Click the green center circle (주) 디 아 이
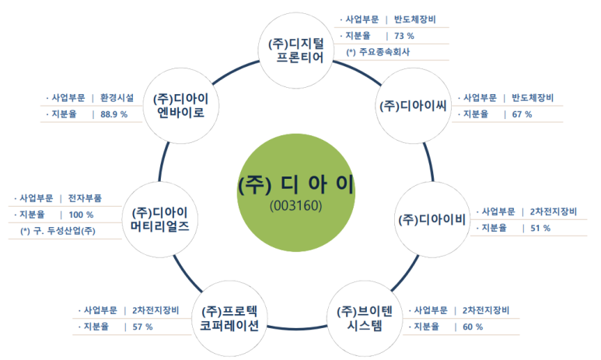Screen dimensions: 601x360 tap(296, 193)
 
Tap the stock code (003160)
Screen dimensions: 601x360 tap(296, 206)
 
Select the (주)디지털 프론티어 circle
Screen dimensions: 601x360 tap(296, 51)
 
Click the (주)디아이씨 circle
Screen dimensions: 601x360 tap(413, 106)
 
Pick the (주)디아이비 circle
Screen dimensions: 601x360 tap(432, 220)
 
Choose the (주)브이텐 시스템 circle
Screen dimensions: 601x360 tap(365, 318)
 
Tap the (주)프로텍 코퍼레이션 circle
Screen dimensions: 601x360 tap(229, 318)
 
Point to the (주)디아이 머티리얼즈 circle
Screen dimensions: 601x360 tap(160, 219)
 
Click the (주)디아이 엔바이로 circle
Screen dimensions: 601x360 tap(180, 106)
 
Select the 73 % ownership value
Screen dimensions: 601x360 tap(404, 36)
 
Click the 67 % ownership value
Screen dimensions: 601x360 tap(522, 114)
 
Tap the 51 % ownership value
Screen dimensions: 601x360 tap(540, 228)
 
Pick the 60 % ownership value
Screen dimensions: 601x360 tap(473, 327)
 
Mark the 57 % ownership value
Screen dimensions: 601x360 tap(142, 327)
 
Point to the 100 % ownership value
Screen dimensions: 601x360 tap(81, 215)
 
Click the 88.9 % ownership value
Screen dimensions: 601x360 tap(114, 114)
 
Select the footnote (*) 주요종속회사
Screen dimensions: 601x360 tap(378, 52)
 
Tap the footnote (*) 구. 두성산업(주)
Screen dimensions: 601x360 tap(58, 231)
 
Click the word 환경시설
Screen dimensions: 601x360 tap(117, 98)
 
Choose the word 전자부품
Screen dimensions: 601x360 tap(85, 198)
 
